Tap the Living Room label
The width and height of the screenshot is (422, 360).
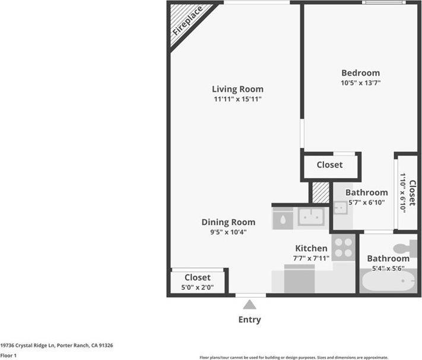pos(238,89)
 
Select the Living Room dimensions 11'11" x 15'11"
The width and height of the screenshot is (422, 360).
pos(238,99)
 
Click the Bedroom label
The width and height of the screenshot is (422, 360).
pos(360,73)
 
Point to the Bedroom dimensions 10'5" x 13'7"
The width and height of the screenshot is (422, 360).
pos(360,83)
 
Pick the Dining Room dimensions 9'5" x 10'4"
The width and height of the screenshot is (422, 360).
pos(229,232)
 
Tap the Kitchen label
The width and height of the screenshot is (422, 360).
pos(311,248)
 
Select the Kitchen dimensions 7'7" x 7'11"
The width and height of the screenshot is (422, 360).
pos(311,258)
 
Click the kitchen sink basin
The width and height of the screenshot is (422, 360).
pos(312,217)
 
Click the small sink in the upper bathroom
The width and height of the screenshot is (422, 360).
pos(340,207)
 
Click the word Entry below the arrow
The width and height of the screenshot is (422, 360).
pos(250,320)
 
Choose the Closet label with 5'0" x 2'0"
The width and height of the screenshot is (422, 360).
pos(198,277)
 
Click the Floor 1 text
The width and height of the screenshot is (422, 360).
pos(8,355)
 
